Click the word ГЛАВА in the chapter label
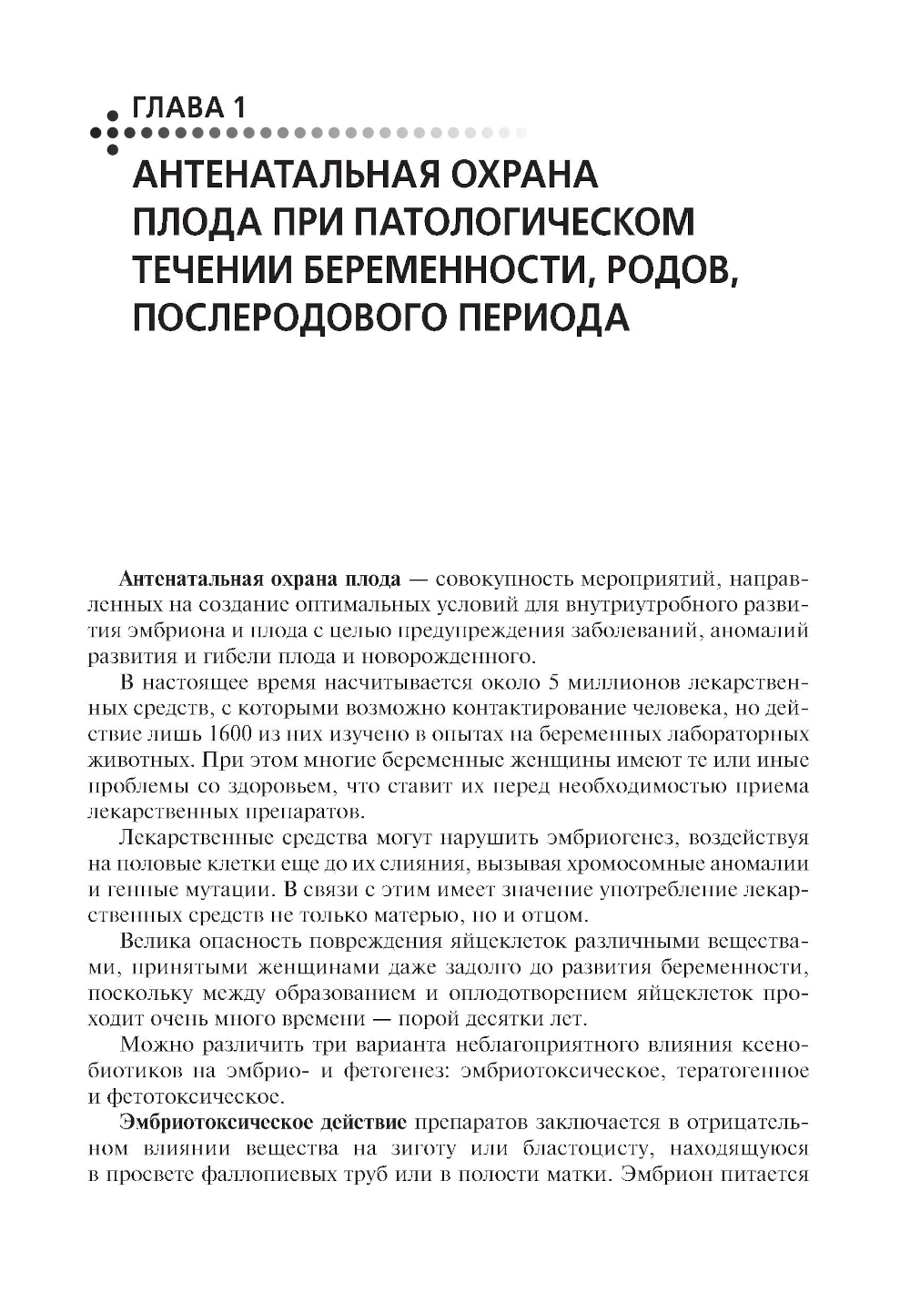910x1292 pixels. (x=177, y=107)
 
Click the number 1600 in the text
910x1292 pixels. (x=230, y=733)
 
